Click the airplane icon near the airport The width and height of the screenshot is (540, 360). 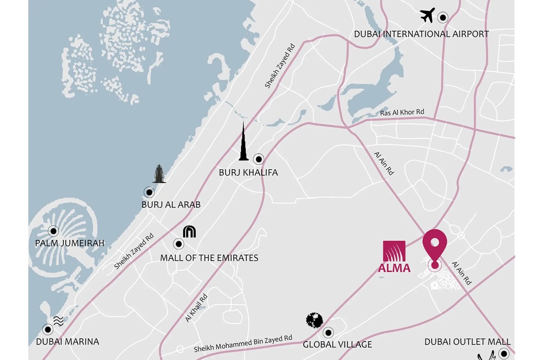(x=427, y=15)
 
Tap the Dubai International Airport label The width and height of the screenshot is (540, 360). (x=421, y=34)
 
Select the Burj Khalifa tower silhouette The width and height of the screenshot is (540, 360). (x=243, y=143)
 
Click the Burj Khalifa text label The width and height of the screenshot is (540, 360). (x=248, y=172)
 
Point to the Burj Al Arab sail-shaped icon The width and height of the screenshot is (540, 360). (x=159, y=174)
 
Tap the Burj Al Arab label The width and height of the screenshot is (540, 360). (x=171, y=205)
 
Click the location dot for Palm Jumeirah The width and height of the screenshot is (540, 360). (x=54, y=231)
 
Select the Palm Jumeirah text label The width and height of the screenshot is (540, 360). (x=69, y=243)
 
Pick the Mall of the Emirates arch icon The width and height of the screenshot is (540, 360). (x=189, y=232)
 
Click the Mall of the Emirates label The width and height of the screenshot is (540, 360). (x=209, y=258)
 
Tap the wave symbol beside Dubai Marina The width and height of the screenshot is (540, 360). (x=58, y=320)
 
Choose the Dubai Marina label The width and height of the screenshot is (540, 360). (x=67, y=342)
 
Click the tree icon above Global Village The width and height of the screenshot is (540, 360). (x=315, y=320)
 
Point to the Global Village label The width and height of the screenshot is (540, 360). (x=337, y=345)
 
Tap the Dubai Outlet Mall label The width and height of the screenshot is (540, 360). (x=468, y=342)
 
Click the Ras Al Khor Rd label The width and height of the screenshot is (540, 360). (x=402, y=112)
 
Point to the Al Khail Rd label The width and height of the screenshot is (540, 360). (x=196, y=308)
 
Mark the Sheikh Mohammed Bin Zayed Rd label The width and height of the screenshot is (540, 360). (x=243, y=343)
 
